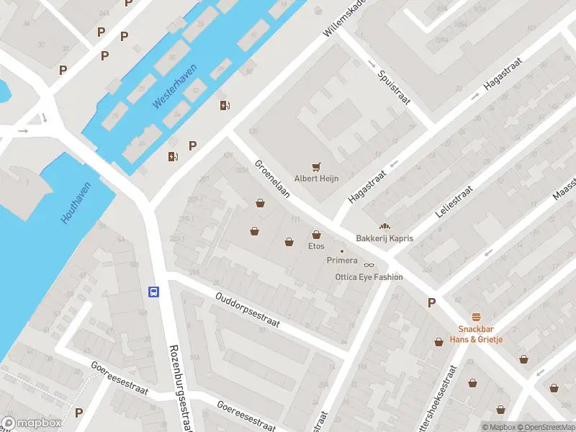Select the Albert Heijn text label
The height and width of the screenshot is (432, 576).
coord(315,178)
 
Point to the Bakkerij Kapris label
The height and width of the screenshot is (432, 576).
coord(384,238)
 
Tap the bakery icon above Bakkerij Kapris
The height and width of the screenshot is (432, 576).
coord(384,226)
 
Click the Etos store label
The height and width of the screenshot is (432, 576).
coord(316,246)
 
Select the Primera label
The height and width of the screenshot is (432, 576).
coord(342,261)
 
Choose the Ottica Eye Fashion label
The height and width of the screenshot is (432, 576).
coord(369,277)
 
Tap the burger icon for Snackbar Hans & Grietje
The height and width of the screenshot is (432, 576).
coord(476,317)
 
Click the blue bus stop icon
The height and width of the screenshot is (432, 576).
coord(153,292)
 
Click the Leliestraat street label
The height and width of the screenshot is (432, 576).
coord(454,202)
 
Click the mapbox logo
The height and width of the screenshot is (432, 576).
coord(32,423)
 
